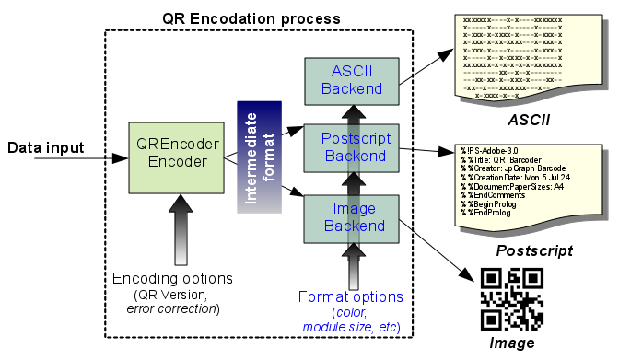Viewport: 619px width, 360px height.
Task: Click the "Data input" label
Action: click(46, 147)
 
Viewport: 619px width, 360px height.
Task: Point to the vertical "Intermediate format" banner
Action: click(259, 157)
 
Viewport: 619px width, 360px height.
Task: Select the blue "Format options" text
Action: click(351, 296)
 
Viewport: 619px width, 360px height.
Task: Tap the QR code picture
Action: click(512, 299)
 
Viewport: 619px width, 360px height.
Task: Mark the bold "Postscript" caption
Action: click(535, 250)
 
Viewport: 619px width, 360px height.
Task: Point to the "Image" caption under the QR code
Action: click(513, 344)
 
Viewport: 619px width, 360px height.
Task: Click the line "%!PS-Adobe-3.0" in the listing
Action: click(493, 149)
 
